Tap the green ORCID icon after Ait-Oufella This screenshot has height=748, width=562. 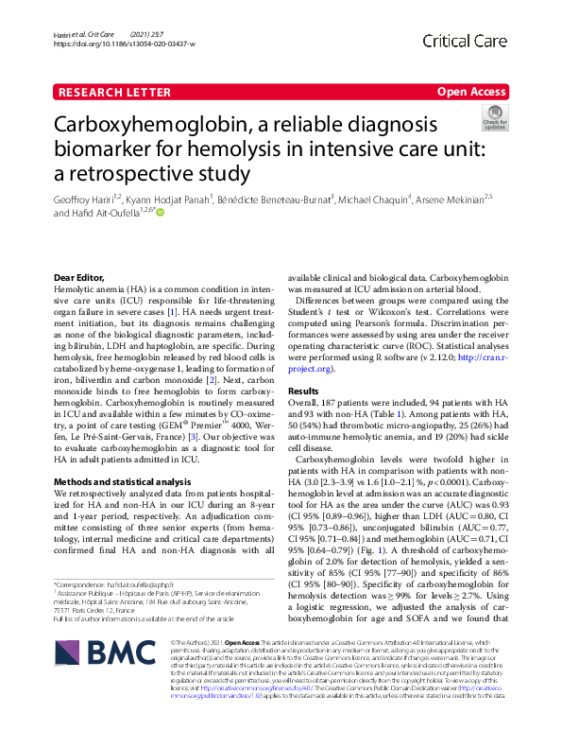coord(160,214)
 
